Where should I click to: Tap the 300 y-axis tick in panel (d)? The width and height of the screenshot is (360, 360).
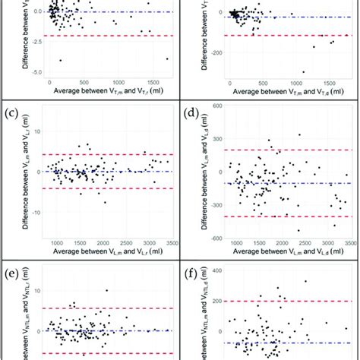[216, 128]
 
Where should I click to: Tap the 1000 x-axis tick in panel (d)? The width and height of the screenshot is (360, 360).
[237, 245]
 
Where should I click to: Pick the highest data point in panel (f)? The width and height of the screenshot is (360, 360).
[305, 281]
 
